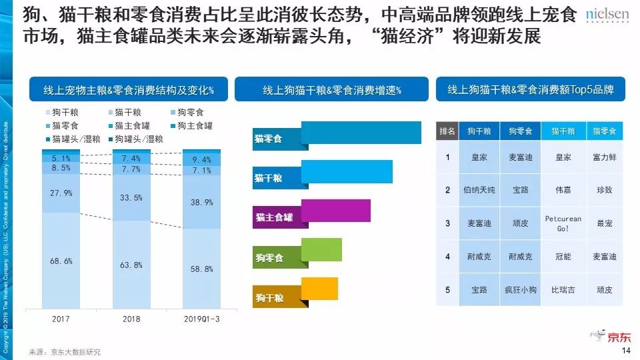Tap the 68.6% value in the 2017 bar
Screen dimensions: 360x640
[61, 261]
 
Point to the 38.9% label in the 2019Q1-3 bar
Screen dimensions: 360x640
[201, 202]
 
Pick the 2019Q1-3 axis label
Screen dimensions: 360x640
[201, 319]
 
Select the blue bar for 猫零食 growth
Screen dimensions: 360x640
[361, 132]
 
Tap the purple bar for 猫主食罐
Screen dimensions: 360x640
[335, 211]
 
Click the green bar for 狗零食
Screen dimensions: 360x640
[321, 249]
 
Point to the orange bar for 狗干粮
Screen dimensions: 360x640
[319, 289]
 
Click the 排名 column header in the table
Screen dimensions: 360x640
[447, 131]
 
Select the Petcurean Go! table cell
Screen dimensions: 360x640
[563, 223]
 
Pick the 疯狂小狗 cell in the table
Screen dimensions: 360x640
[520, 290]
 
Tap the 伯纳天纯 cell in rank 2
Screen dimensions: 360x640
[479, 190]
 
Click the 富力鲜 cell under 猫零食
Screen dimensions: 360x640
[604, 157]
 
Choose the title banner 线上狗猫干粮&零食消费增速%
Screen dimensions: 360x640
[331, 89]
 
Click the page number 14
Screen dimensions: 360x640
[625, 351]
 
